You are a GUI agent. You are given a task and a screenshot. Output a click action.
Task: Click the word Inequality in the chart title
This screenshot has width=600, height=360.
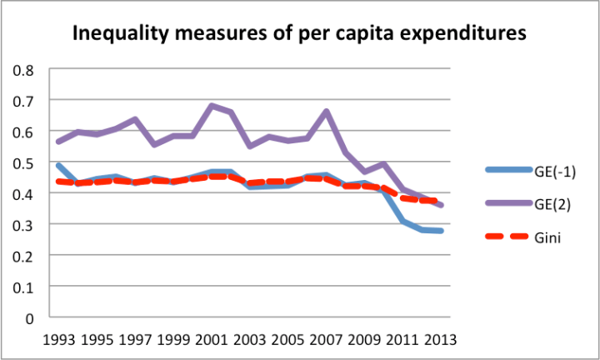pyautogui.click(x=121, y=35)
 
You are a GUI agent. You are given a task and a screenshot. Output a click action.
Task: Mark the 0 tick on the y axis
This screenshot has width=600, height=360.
pyautogui.click(x=30, y=317)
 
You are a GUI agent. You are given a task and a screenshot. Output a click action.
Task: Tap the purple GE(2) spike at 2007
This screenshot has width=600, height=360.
pyautogui.click(x=325, y=111)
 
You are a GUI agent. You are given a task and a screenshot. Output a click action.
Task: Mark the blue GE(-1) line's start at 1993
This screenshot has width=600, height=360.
pyautogui.click(x=59, y=165)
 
